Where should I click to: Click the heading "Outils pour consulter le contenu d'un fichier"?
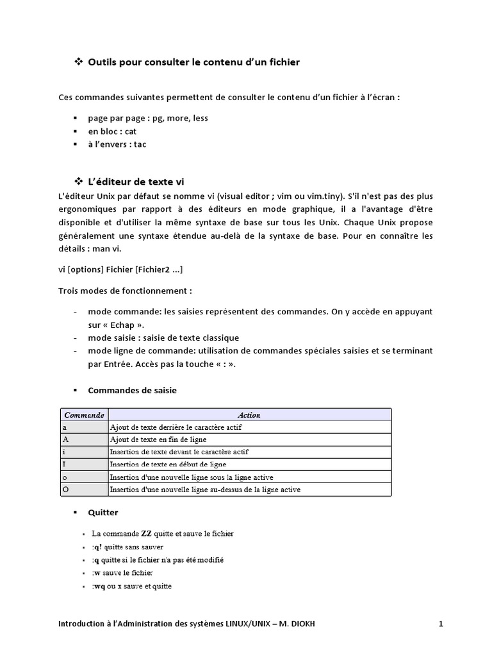point(193,62)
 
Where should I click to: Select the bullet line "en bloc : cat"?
point(112,132)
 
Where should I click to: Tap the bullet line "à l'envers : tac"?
point(117,144)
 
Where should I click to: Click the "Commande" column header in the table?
point(84,415)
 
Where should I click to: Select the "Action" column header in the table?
point(249,415)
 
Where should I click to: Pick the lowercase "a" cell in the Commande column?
point(84,427)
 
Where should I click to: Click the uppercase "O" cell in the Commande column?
point(84,490)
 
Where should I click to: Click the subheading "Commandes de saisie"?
point(132,390)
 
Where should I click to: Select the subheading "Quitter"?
point(102,513)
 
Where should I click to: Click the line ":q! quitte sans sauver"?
point(127,547)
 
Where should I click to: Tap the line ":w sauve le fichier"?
point(122,572)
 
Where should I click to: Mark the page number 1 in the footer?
point(441,624)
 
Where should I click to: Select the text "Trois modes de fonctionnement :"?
point(125,290)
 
